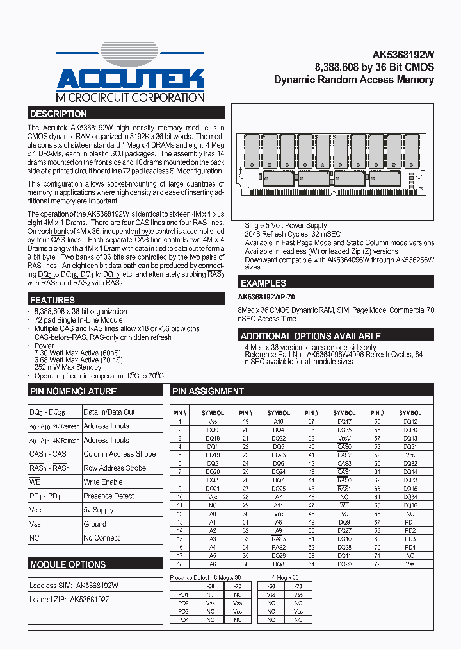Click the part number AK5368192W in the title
click(x=403, y=55)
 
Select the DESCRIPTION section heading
click(x=59, y=114)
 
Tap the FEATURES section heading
click(x=53, y=300)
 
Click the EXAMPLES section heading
click(x=264, y=283)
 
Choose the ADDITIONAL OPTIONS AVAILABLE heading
click(x=311, y=336)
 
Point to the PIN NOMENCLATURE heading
click(x=74, y=391)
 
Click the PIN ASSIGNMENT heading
click(x=208, y=391)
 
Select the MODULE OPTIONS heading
click(x=69, y=565)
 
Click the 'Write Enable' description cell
click(x=103, y=482)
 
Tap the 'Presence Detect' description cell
click(x=109, y=496)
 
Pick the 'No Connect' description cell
click(x=102, y=538)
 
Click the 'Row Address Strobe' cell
click(x=115, y=468)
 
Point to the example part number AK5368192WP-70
click(x=267, y=298)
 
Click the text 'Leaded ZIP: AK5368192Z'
click(x=69, y=600)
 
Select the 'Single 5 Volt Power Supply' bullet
click(x=286, y=226)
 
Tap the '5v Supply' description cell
click(x=99, y=510)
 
